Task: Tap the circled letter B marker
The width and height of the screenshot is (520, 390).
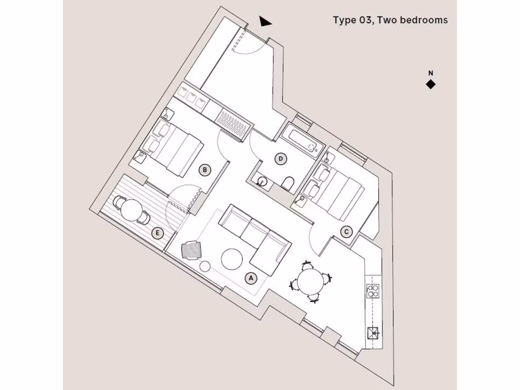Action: [204, 171]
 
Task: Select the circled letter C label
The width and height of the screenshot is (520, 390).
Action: [346, 232]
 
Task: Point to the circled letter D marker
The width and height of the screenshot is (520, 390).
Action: [280, 159]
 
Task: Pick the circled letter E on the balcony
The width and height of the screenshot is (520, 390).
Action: [158, 234]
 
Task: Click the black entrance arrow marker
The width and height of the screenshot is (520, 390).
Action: [265, 21]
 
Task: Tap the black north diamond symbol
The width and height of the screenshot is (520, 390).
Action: [431, 85]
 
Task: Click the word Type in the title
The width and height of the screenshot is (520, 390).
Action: [344, 20]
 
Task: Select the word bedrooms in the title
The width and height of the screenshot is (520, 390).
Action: [424, 20]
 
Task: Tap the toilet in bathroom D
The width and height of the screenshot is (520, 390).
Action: [287, 184]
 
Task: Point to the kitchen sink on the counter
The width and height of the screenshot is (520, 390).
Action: [374, 333]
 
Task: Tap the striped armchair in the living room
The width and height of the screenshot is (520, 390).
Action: [191, 250]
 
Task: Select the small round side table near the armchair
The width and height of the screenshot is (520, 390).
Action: [206, 266]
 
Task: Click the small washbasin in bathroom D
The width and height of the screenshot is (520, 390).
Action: [262, 181]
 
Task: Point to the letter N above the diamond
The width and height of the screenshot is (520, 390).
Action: [430, 73]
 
